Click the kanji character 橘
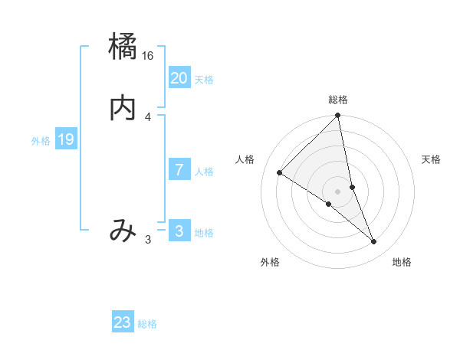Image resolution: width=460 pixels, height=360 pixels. coord(123,47)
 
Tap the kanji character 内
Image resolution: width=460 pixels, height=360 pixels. coord(123,109)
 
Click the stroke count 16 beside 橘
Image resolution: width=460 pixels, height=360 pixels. coord(148,56)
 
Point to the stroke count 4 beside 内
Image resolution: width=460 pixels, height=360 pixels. coord(148,117)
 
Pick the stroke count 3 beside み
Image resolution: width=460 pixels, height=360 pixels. coord(148,240)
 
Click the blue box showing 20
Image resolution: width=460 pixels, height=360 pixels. coord(179,78)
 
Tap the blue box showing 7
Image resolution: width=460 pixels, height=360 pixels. coord(179,170)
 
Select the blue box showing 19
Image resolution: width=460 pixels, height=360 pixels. coord(65,139)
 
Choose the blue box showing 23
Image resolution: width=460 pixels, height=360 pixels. coord(123,322)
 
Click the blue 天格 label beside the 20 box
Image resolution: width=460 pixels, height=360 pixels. coord(204,80)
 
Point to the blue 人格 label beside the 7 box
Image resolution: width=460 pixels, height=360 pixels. coord(204,172)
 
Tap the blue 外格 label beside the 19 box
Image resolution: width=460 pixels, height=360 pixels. coord(41,141)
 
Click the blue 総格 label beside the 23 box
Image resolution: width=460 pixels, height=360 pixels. coord(147,324)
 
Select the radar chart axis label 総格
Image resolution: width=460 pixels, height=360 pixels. coord(338,100)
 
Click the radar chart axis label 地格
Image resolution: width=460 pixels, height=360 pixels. coord(402,262)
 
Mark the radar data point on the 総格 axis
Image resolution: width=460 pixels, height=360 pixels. coord(338,116)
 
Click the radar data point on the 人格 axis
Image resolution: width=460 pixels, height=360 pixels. coord(280,172)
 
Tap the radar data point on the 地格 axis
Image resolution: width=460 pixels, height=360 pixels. coord(374,241)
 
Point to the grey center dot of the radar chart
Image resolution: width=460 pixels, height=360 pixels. coord(338,191)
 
